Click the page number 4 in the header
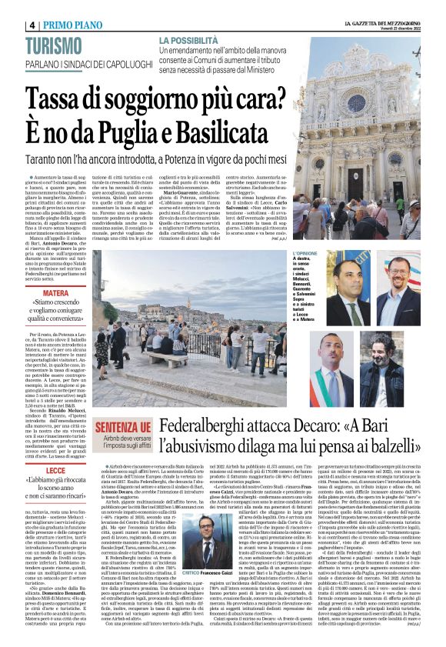33,25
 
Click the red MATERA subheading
55,293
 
